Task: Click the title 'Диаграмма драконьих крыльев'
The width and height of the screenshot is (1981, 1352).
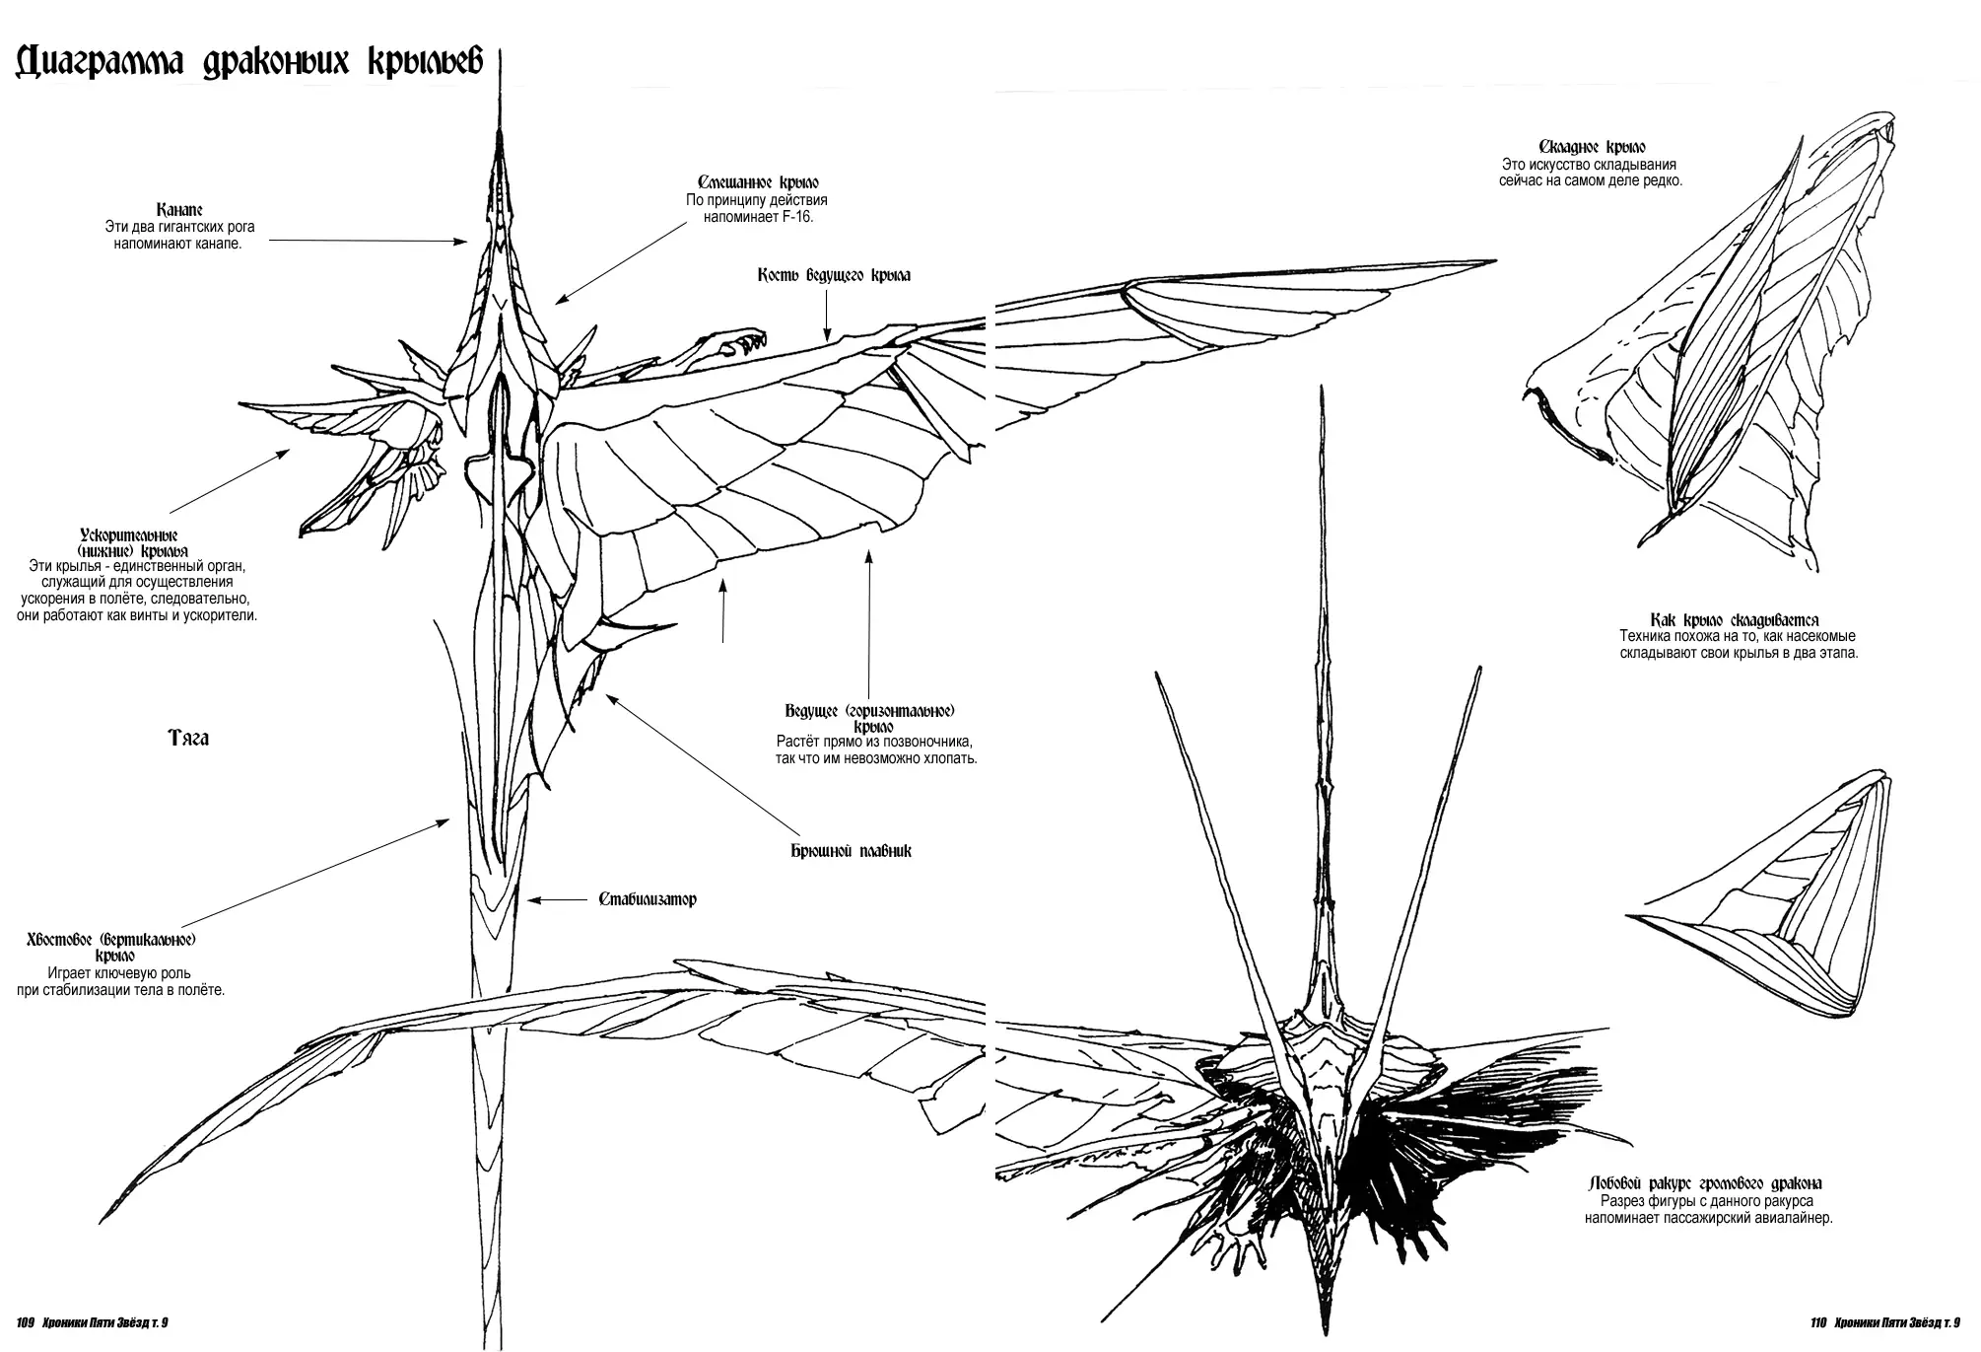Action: tap(250, 64)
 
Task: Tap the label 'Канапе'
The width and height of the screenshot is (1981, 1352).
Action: tap(179, 210)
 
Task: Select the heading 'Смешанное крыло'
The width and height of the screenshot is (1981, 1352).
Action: tap(758, 182)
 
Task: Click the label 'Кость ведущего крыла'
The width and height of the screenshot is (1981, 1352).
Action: tap(834, 275)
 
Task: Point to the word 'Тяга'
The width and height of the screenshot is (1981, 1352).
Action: tap(188, 739)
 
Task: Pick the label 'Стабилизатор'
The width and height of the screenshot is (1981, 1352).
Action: tap(648, 899)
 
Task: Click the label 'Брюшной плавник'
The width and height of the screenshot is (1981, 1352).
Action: tap(852, 850)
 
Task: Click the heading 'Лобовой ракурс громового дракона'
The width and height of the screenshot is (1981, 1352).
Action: tap(1706, 1183)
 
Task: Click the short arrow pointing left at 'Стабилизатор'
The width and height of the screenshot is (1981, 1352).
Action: tap(560, 899)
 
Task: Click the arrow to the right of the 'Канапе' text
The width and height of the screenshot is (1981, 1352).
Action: tap(369, 240)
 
